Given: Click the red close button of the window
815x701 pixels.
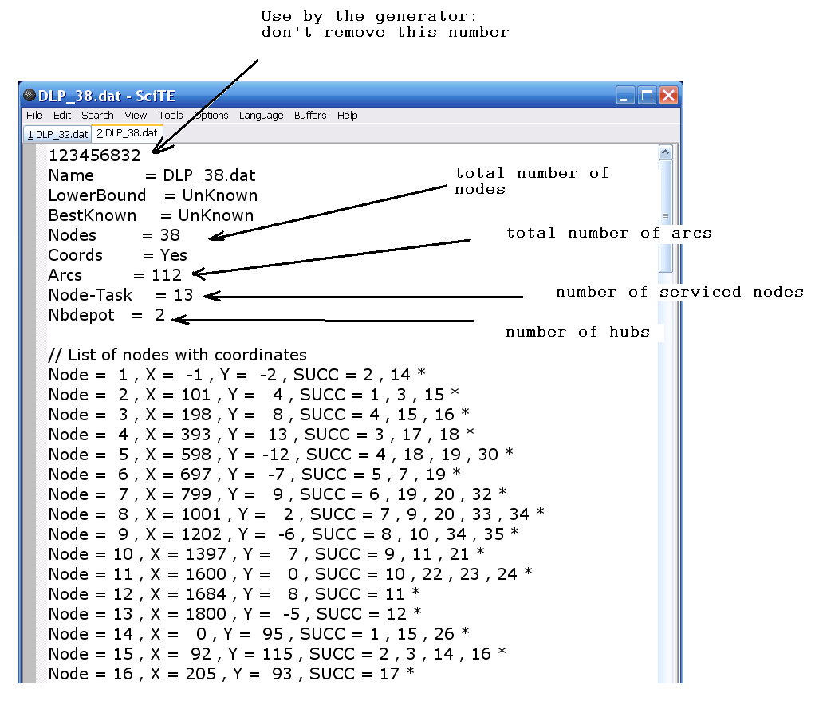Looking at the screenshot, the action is [668, 96].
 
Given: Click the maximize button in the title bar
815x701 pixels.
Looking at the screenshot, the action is [647, 96].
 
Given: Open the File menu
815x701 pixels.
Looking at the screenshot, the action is [34, 116].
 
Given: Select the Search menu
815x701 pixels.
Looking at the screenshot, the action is [97, 116].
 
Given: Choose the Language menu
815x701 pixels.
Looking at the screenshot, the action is [261, 116].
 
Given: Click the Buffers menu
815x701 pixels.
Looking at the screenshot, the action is [310, 116].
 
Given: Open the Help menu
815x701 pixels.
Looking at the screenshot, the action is [347, 116].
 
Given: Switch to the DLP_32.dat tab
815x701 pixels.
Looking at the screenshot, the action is [57, 134].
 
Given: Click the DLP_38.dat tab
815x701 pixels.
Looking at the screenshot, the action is [127, 133].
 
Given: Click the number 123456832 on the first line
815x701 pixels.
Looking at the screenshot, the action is [95, 156].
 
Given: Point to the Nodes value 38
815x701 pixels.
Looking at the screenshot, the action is [170, 235].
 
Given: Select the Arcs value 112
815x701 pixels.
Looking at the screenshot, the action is [167, 275].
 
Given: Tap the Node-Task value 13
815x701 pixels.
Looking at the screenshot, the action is [183, 295].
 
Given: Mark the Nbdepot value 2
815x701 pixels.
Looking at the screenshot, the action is [160, 315].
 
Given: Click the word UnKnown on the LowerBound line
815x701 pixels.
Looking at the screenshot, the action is [220, 195].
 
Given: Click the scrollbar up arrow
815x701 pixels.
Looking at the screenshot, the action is [666, 152].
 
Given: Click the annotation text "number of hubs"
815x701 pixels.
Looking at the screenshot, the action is [577, 332].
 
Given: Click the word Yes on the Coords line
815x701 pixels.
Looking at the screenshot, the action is [174, 255].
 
